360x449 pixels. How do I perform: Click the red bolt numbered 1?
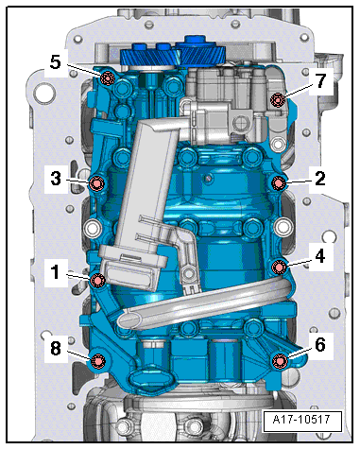pos(97,280)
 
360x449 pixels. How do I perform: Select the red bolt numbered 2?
pos(279,183)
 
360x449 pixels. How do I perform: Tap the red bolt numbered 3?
pos(96,183)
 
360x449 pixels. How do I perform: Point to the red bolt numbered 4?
pos(279,268)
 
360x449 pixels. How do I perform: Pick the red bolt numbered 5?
pos(108,78)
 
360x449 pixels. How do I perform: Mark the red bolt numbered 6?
pos(280,360)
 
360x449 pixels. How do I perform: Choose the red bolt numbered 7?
pos(278,100)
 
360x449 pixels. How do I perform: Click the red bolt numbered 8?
pos(97,361)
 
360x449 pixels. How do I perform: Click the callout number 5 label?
pos(56,62)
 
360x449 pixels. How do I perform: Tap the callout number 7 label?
pos(320,80)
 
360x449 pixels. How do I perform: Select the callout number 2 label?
pos(320,179)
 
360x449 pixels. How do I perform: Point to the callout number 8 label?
pos(56,349)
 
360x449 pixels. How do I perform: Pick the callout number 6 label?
pos(320,345)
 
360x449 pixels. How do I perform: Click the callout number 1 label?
pos(56,272)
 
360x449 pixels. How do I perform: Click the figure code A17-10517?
pos(301,420)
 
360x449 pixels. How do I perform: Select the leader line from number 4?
pos(300,263)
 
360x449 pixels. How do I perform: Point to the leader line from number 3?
pos(78,181)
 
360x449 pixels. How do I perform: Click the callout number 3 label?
pos(56,179)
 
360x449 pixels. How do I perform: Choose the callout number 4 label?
pos(320,256)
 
